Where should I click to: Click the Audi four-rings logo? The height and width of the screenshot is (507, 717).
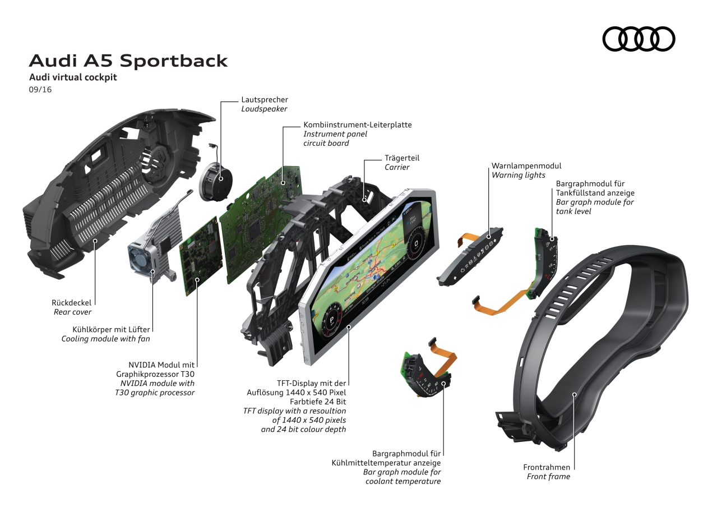point(639,39)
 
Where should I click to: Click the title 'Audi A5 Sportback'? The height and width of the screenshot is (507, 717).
point(128,61)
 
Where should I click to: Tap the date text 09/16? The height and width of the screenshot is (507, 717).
point(40,89)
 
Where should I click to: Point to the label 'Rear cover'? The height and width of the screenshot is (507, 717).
point(72,312)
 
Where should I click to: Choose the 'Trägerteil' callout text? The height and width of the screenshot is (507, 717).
point(401,158)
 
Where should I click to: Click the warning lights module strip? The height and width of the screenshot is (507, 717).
point(470,256)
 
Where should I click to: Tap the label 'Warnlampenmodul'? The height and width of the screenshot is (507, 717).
point(526,166)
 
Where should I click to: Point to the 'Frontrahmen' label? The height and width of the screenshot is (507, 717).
point(546,467)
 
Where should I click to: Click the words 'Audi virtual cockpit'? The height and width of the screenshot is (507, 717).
point(73,77)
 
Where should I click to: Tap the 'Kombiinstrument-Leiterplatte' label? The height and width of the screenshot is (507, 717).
point(357,125)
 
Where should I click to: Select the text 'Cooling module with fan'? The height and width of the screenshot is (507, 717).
point(105,339)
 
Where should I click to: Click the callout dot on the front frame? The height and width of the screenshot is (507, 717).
point(575,395)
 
